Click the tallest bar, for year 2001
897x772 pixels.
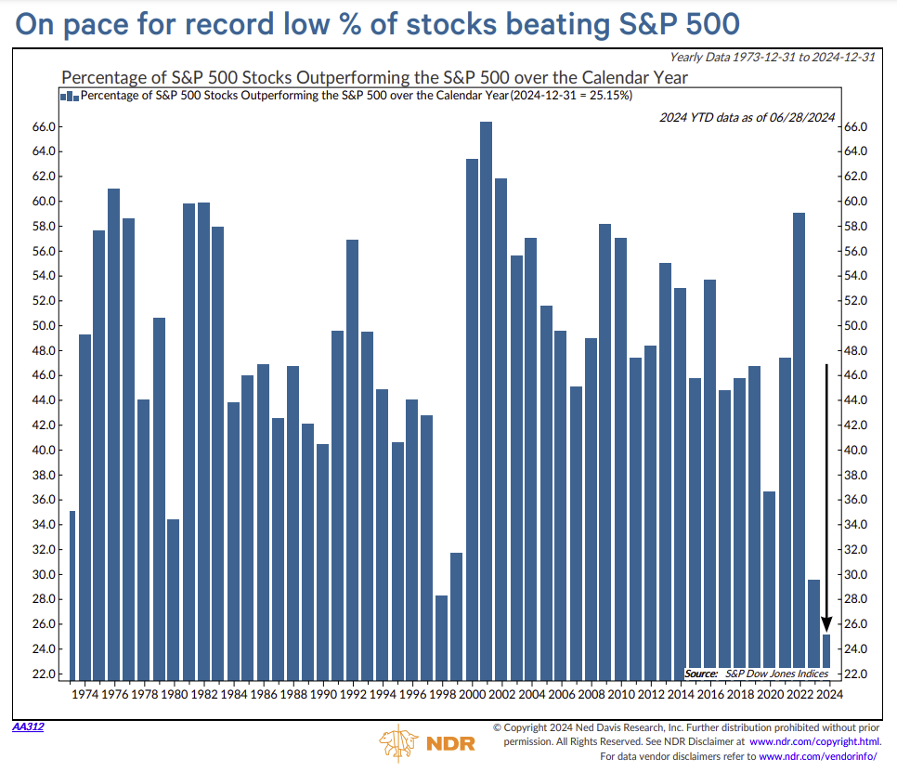tap(487, 399)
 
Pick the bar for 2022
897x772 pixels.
tap(799, 446)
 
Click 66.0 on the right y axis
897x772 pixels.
tap(856, 127)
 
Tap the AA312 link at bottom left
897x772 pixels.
tap(28, 726)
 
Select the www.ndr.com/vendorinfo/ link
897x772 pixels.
tap(820, 757)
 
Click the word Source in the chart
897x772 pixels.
tap(702, 673)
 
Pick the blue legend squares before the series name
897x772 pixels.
tap(69, 96)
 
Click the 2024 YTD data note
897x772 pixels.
tap(747, 117)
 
